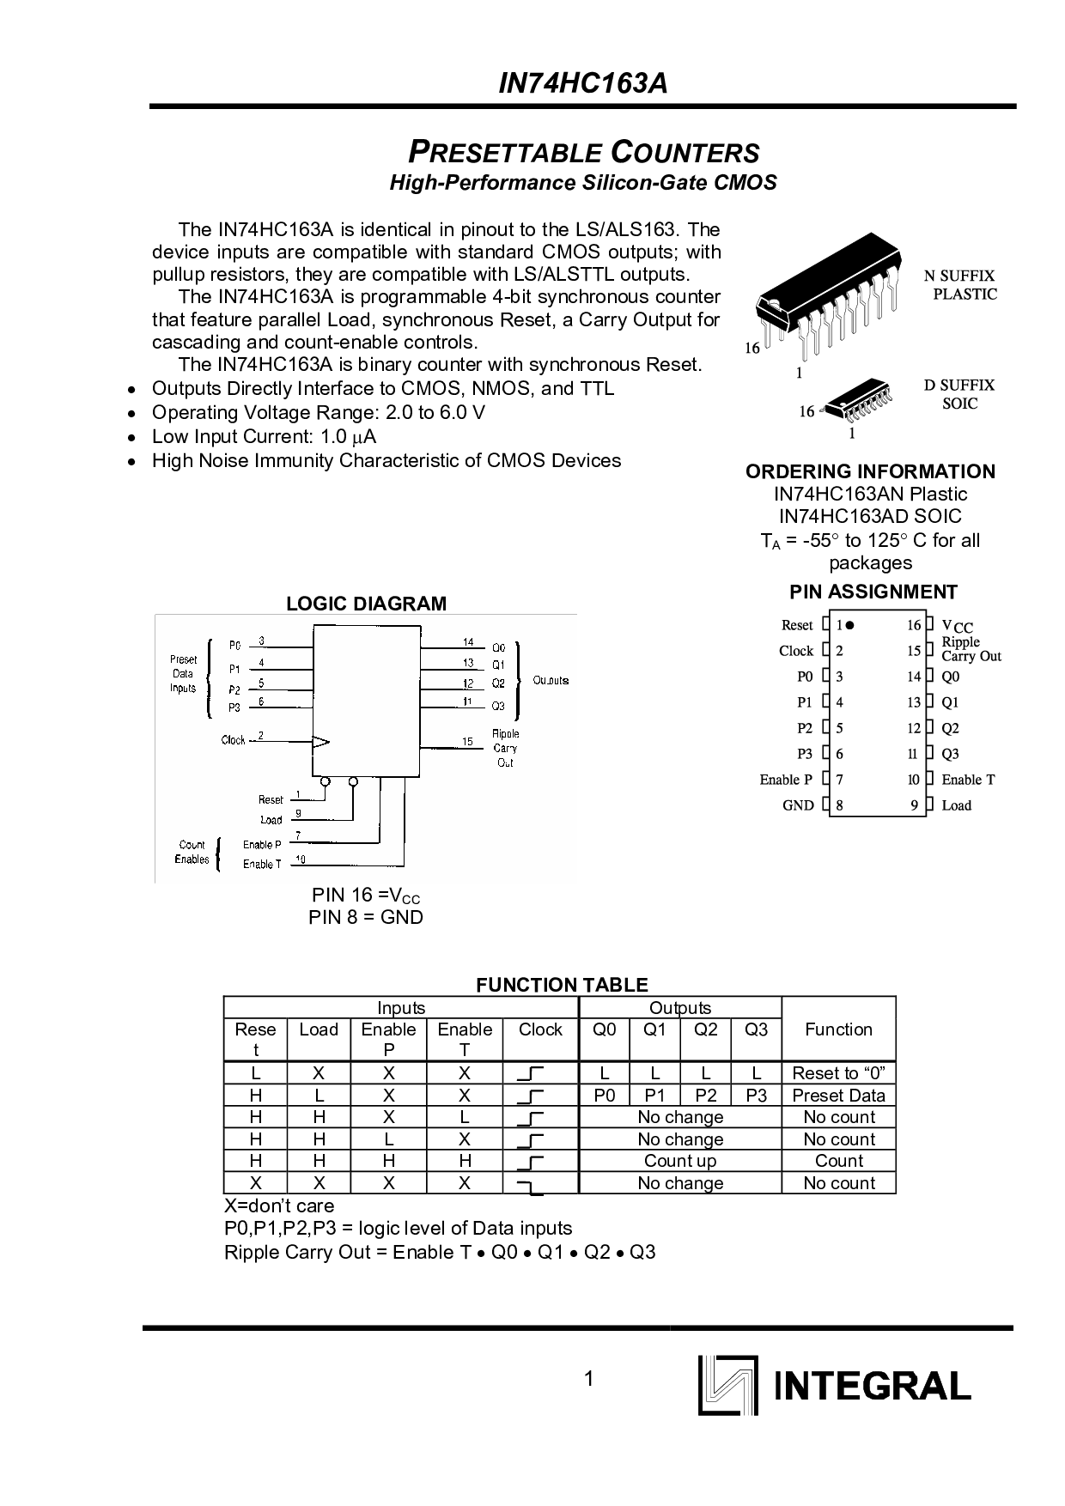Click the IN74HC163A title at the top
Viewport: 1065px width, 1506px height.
[583, 83]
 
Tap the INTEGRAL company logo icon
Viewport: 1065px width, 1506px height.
[728, 1385]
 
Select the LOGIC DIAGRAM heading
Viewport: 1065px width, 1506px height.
[366, 604]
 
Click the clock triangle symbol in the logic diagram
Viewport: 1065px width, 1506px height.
[320, 741]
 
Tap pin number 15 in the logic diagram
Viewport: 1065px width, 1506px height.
[467, 741]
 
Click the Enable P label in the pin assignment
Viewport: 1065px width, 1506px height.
[786, 780]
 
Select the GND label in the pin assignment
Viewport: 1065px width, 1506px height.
[798, 805]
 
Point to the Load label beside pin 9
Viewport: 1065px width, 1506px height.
[956, 805]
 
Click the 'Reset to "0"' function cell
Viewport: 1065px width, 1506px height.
[838, 1073]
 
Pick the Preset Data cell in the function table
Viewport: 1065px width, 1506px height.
[838, 1096]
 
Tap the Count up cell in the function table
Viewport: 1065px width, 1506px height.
[680, 1161]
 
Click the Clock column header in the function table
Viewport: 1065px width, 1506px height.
[540, 1029]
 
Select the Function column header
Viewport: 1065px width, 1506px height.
[838, 1029]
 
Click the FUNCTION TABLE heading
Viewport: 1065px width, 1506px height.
[562, 985]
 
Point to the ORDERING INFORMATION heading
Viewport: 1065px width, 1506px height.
[870, 471]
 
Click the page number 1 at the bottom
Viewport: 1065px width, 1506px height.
[588, 1380]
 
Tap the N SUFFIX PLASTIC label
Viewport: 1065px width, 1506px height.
[960, 285]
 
